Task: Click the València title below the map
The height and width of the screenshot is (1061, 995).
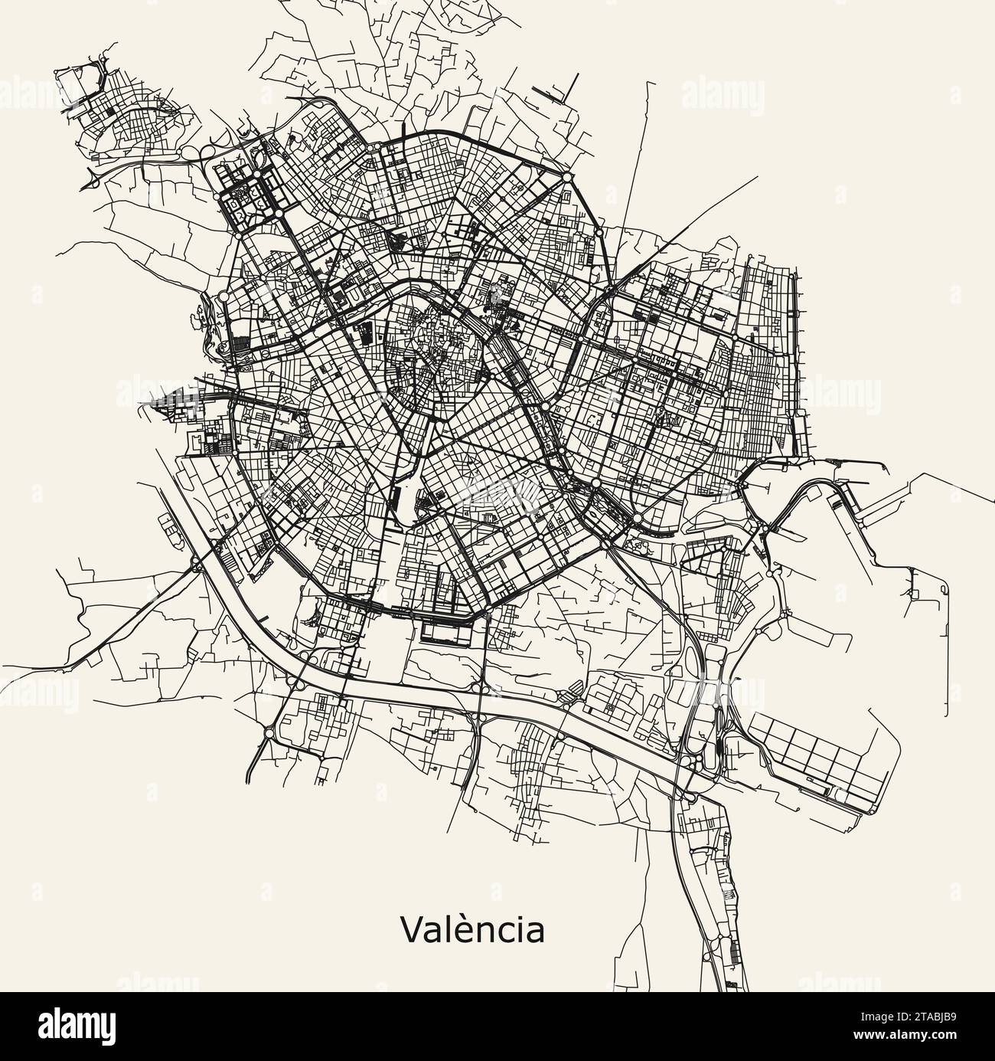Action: [x=472, y=929]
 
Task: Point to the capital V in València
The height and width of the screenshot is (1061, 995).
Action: [x=412, y=929]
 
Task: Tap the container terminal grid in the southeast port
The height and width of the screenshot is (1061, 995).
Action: [x=819, y=755]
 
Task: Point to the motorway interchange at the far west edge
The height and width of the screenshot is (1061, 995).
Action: [x=93, y=178]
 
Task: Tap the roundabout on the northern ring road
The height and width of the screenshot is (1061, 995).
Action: [x=567, y=177]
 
